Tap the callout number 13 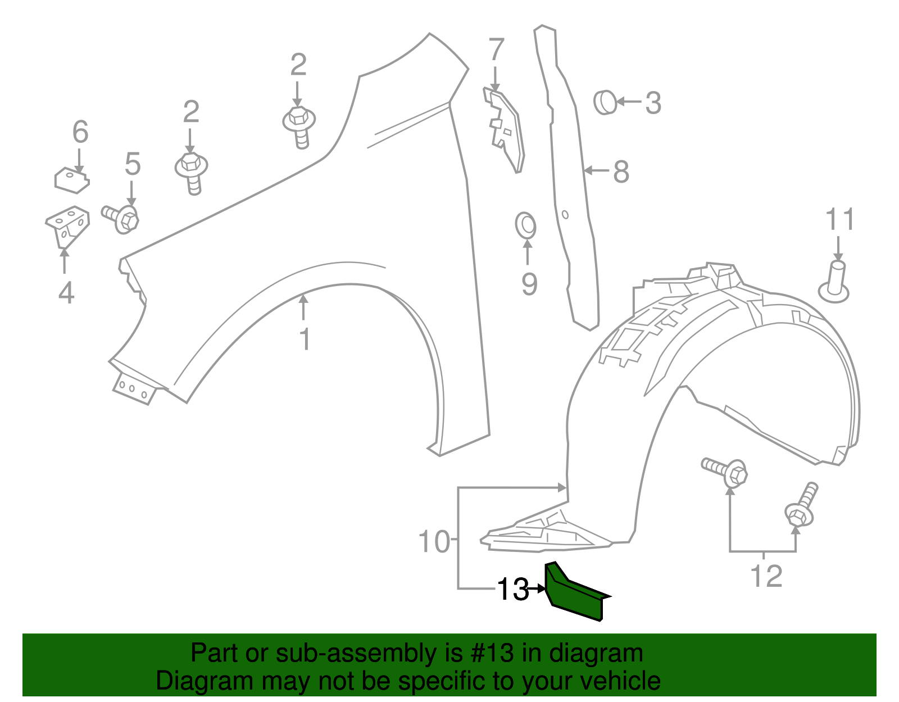[512, 589]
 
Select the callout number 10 [434, 542]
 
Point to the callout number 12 [766, 576]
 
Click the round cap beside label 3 [604, 102]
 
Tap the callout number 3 [652, 103]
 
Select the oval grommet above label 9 [526, 225]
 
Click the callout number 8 [620, 171]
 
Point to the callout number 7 [496, 49]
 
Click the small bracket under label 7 [504, 132]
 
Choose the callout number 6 [80, 132]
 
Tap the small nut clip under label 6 [71, 179]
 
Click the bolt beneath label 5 [121, 218]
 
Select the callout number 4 [66, 293]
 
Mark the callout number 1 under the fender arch [305, 339]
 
